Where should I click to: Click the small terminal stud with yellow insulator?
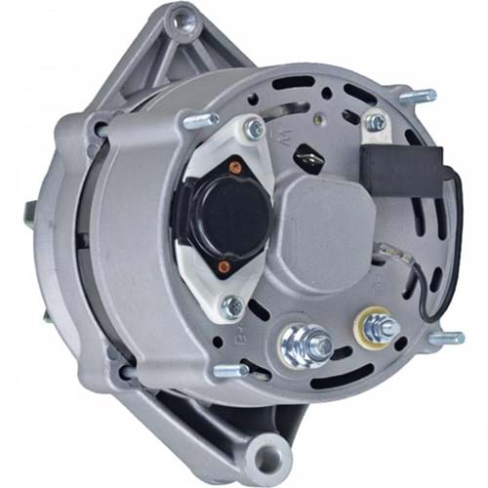tap(373, 324)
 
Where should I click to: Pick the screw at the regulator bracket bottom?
tap(232, 307)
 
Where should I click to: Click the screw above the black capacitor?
tap(375, 123)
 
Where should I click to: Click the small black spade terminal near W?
tap(310, 155)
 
